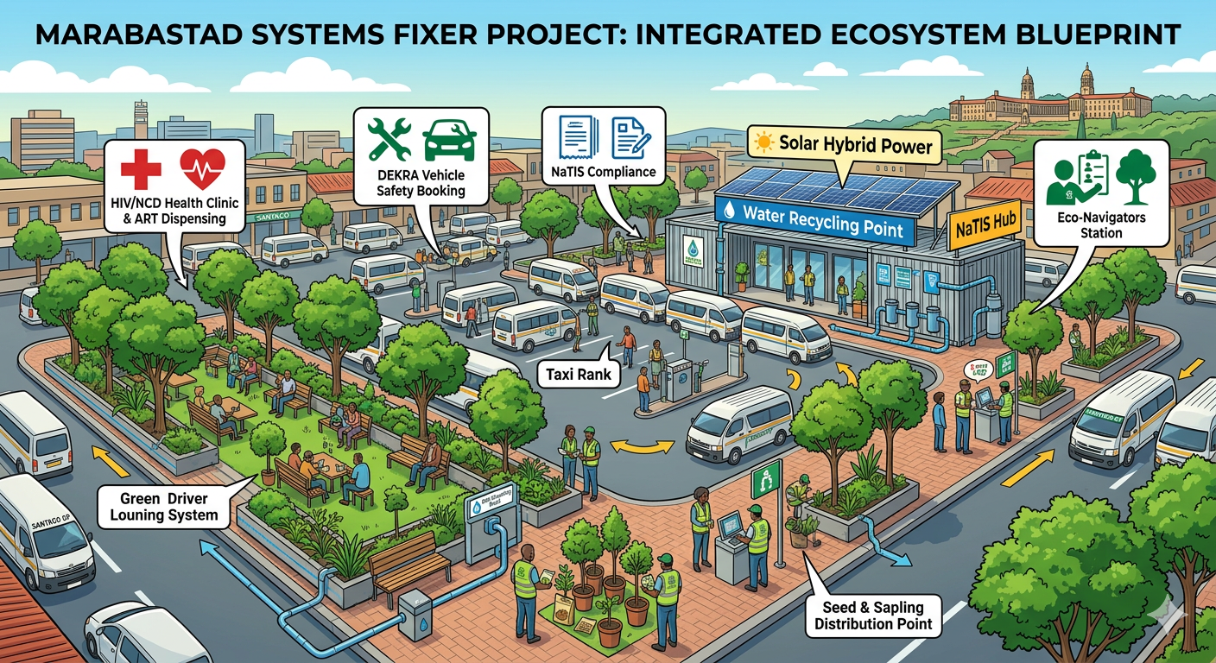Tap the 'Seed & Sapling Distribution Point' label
(873, 616)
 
